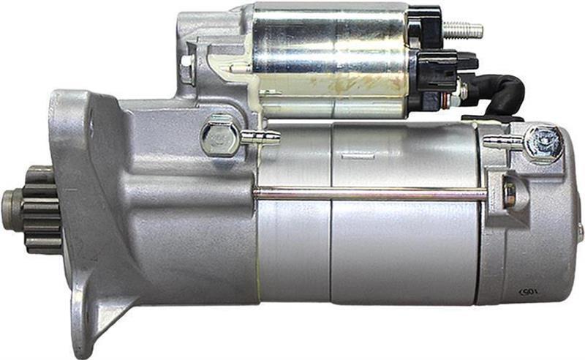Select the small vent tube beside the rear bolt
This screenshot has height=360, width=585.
point(503,141)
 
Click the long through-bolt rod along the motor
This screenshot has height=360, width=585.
point(366,193)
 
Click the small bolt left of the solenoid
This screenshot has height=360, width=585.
point(187,70)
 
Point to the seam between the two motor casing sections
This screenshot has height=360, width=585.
point(331,220)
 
